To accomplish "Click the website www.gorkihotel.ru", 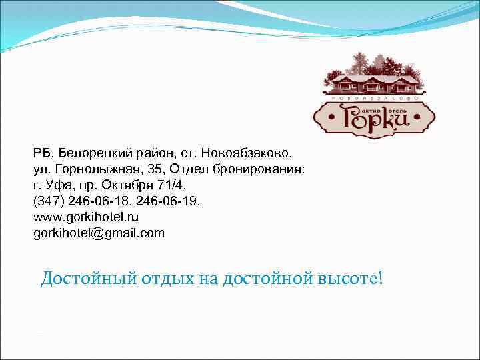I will [86, 217].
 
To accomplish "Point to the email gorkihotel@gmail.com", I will [98, 233].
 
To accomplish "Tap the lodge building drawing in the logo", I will [375, 84].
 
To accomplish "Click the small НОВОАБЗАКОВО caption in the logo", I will [375, 99].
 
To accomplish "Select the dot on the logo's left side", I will [324, 123].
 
